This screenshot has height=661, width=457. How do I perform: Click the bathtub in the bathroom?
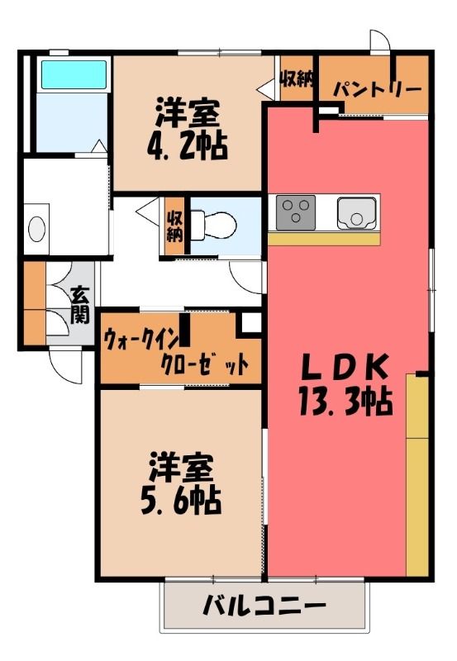point(74,74)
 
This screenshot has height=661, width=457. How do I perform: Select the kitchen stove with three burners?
point(296,212)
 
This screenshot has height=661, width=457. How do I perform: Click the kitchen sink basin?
point(356,213)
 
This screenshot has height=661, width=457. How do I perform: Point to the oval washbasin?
point(36,229)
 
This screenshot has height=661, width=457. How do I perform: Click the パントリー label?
point(378,89)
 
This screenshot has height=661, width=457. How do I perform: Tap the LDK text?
point(345,367)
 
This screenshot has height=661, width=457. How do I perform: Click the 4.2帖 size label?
point(188,146)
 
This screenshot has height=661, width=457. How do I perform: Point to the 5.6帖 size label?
point(181,501)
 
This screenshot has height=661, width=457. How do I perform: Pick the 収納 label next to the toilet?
point(174,226)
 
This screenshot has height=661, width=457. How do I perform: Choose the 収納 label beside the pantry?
point(298,78)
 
